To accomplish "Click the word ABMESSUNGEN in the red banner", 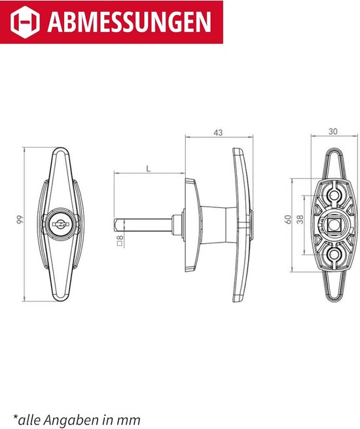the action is coord(130,22).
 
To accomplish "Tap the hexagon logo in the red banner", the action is coord(25,22).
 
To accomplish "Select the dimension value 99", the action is coord(20,220).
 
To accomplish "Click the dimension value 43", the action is coord(218,133).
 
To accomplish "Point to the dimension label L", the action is coord(149,169).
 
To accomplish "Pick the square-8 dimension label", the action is coord(120,240).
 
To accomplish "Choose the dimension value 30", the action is coord(333,131).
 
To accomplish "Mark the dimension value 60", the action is coord(288,220).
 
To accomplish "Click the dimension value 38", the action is coord(300,220).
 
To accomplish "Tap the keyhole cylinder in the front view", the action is coord(60,224).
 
